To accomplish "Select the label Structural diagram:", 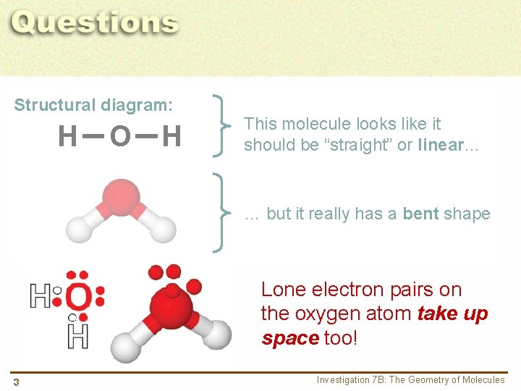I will [93, 105].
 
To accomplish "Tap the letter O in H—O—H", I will [120, 135].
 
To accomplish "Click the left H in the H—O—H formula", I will [68, 135].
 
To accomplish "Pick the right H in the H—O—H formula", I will [171, 135].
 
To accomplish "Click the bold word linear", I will [440, 145].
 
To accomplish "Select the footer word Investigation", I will [342, 380].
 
